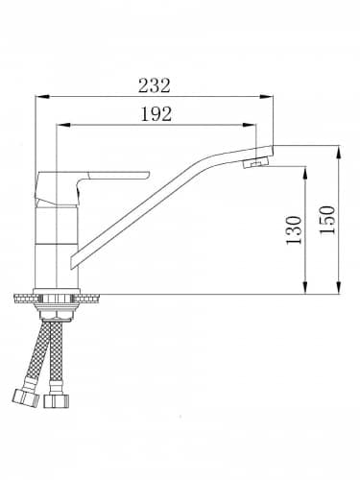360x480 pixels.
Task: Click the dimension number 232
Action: pyautogui.click(x=155, y=85)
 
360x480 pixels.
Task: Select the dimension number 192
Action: pyautogui.click(x=156, y=114)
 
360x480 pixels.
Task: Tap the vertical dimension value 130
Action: pyautogui.click(x=294, y=230)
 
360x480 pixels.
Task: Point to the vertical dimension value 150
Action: pyautogui.click(x=328, y=220)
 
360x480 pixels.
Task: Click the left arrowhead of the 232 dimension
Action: pyautogui.click(x=42, y=96)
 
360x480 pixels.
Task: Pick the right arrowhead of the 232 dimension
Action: pyautogui.click(x=266, y=96)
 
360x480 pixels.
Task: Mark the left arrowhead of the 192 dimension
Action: pyautogui.click(x=63, y=125)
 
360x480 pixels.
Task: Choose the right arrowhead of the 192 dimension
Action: pyautogui.click(x=250, y=125)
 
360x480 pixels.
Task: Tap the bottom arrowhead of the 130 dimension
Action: pyautogui.click(x=305, y=287)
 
